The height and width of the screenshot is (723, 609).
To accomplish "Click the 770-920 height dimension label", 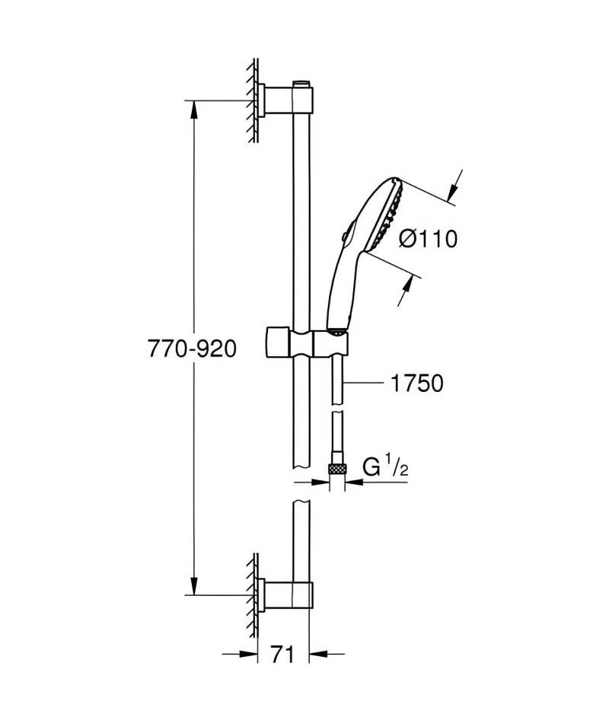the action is click(192, 349).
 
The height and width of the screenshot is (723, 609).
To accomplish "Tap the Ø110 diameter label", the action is click(428, 239).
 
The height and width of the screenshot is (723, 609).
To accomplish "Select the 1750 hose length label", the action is click(416, 383).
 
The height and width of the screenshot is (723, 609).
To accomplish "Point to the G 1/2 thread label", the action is click(385, 467).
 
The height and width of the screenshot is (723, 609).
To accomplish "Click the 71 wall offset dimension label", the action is click(282, 654).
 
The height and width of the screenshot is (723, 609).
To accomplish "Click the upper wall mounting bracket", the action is click(286, 99).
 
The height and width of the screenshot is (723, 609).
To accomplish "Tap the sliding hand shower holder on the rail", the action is click(307, 342).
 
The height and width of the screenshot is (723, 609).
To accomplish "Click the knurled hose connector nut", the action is click(337, 470).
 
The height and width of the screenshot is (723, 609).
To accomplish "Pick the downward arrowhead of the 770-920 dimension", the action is click(195, 585).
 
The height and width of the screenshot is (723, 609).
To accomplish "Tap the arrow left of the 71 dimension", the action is click(240, 654).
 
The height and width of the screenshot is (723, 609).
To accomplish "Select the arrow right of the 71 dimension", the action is click(327, 654).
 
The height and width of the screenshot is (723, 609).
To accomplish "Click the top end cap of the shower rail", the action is click(301, 84).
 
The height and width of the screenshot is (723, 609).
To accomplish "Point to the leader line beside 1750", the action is click(365, 382).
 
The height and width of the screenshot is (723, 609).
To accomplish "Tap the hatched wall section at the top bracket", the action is click(253, 100).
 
